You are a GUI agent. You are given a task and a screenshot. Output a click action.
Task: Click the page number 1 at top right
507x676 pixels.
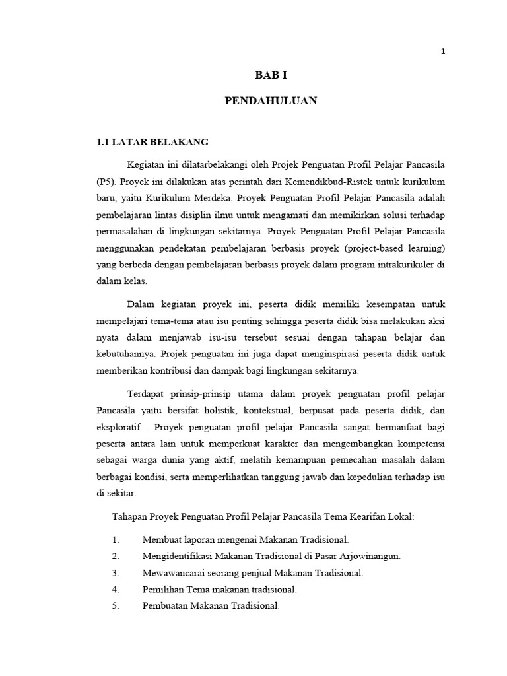tap(444, 52)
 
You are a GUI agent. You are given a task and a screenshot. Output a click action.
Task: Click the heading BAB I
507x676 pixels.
tap(270, 77)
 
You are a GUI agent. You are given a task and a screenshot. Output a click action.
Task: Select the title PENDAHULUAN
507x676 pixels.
tap(271, 101)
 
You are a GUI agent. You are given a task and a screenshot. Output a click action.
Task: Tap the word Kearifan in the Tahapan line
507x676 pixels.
tap(349, 516)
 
